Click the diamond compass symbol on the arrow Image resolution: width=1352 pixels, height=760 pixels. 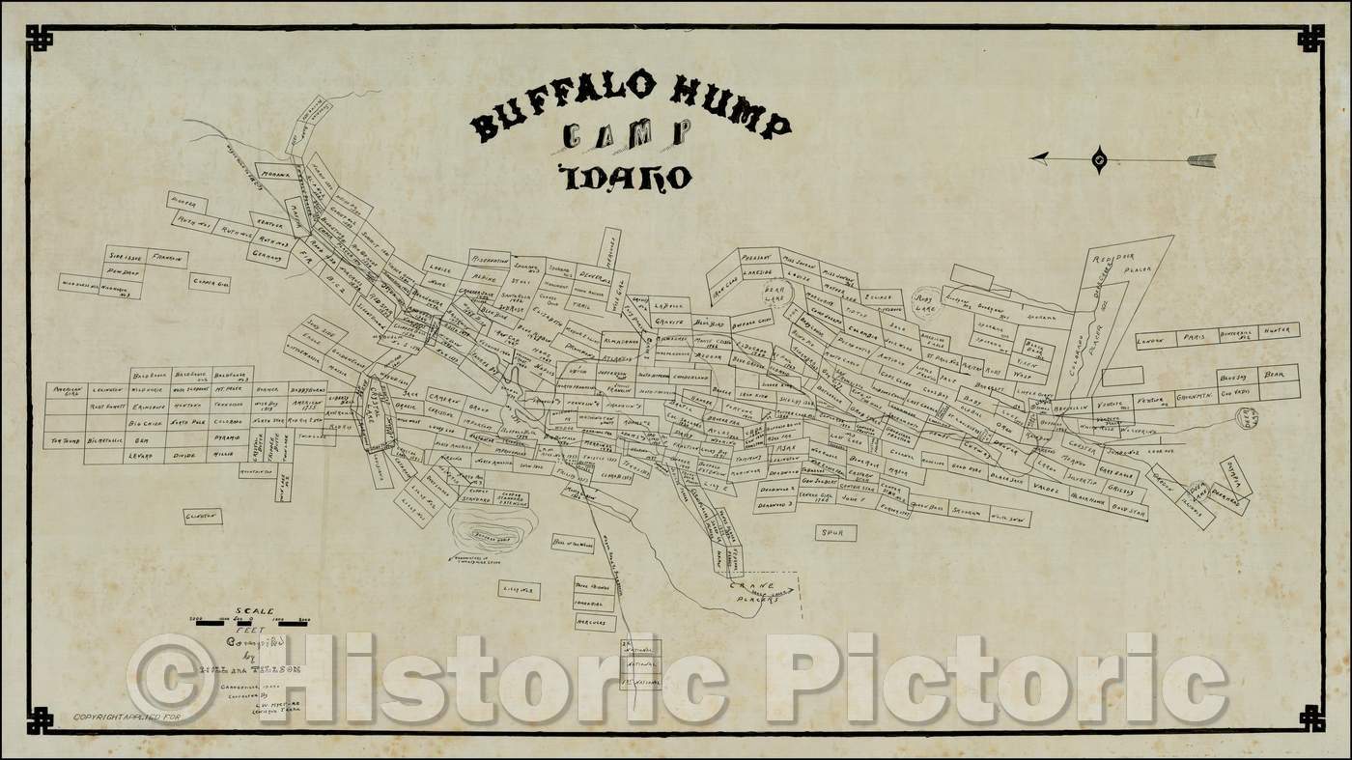click(1099, 158)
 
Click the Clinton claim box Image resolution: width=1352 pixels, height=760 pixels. click(203, 517)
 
